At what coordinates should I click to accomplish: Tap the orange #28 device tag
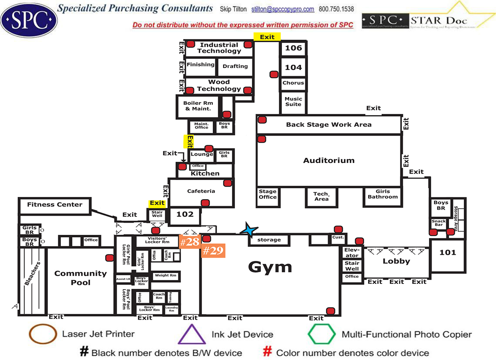pos(190,242)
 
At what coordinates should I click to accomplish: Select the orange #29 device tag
pos(213,250)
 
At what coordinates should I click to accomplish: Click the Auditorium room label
pos(328,160)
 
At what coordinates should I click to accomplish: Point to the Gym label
pos(270,267)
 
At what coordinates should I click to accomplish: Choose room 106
pos(293,48)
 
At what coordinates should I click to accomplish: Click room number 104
pos(293,67)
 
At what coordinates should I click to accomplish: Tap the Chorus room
pos(293,83)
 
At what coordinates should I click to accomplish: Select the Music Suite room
pos(293,101)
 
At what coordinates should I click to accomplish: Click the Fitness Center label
pos(54,204)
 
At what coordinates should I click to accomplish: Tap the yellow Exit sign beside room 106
pos(267,37)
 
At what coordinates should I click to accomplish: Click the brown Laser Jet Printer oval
pos(43,334)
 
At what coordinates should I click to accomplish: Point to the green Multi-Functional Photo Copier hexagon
pos(322,334)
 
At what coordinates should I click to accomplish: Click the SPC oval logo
pos(29,19)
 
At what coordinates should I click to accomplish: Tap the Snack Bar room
pos(439,223)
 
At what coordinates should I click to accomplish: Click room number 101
pos(448,252)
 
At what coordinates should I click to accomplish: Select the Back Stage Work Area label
pos(328,125)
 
